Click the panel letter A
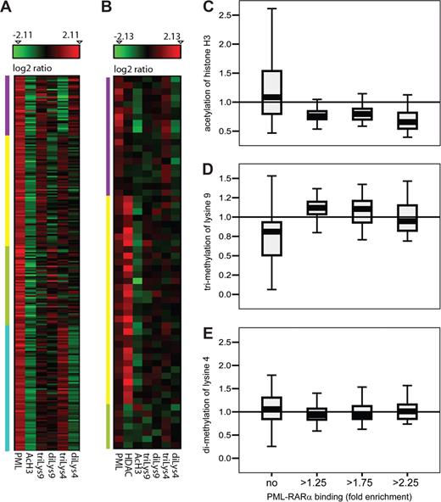(x=8, y=9)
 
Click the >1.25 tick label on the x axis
(x=313, y=469)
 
